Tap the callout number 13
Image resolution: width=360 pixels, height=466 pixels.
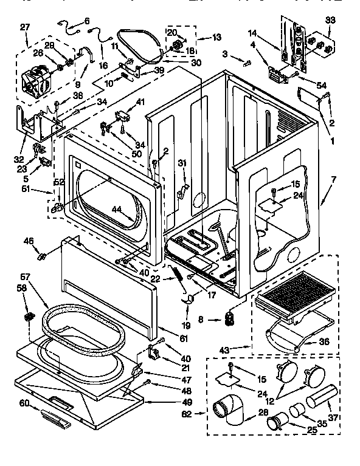pos(217,38)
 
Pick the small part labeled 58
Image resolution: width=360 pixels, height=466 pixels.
pos(28,317)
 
